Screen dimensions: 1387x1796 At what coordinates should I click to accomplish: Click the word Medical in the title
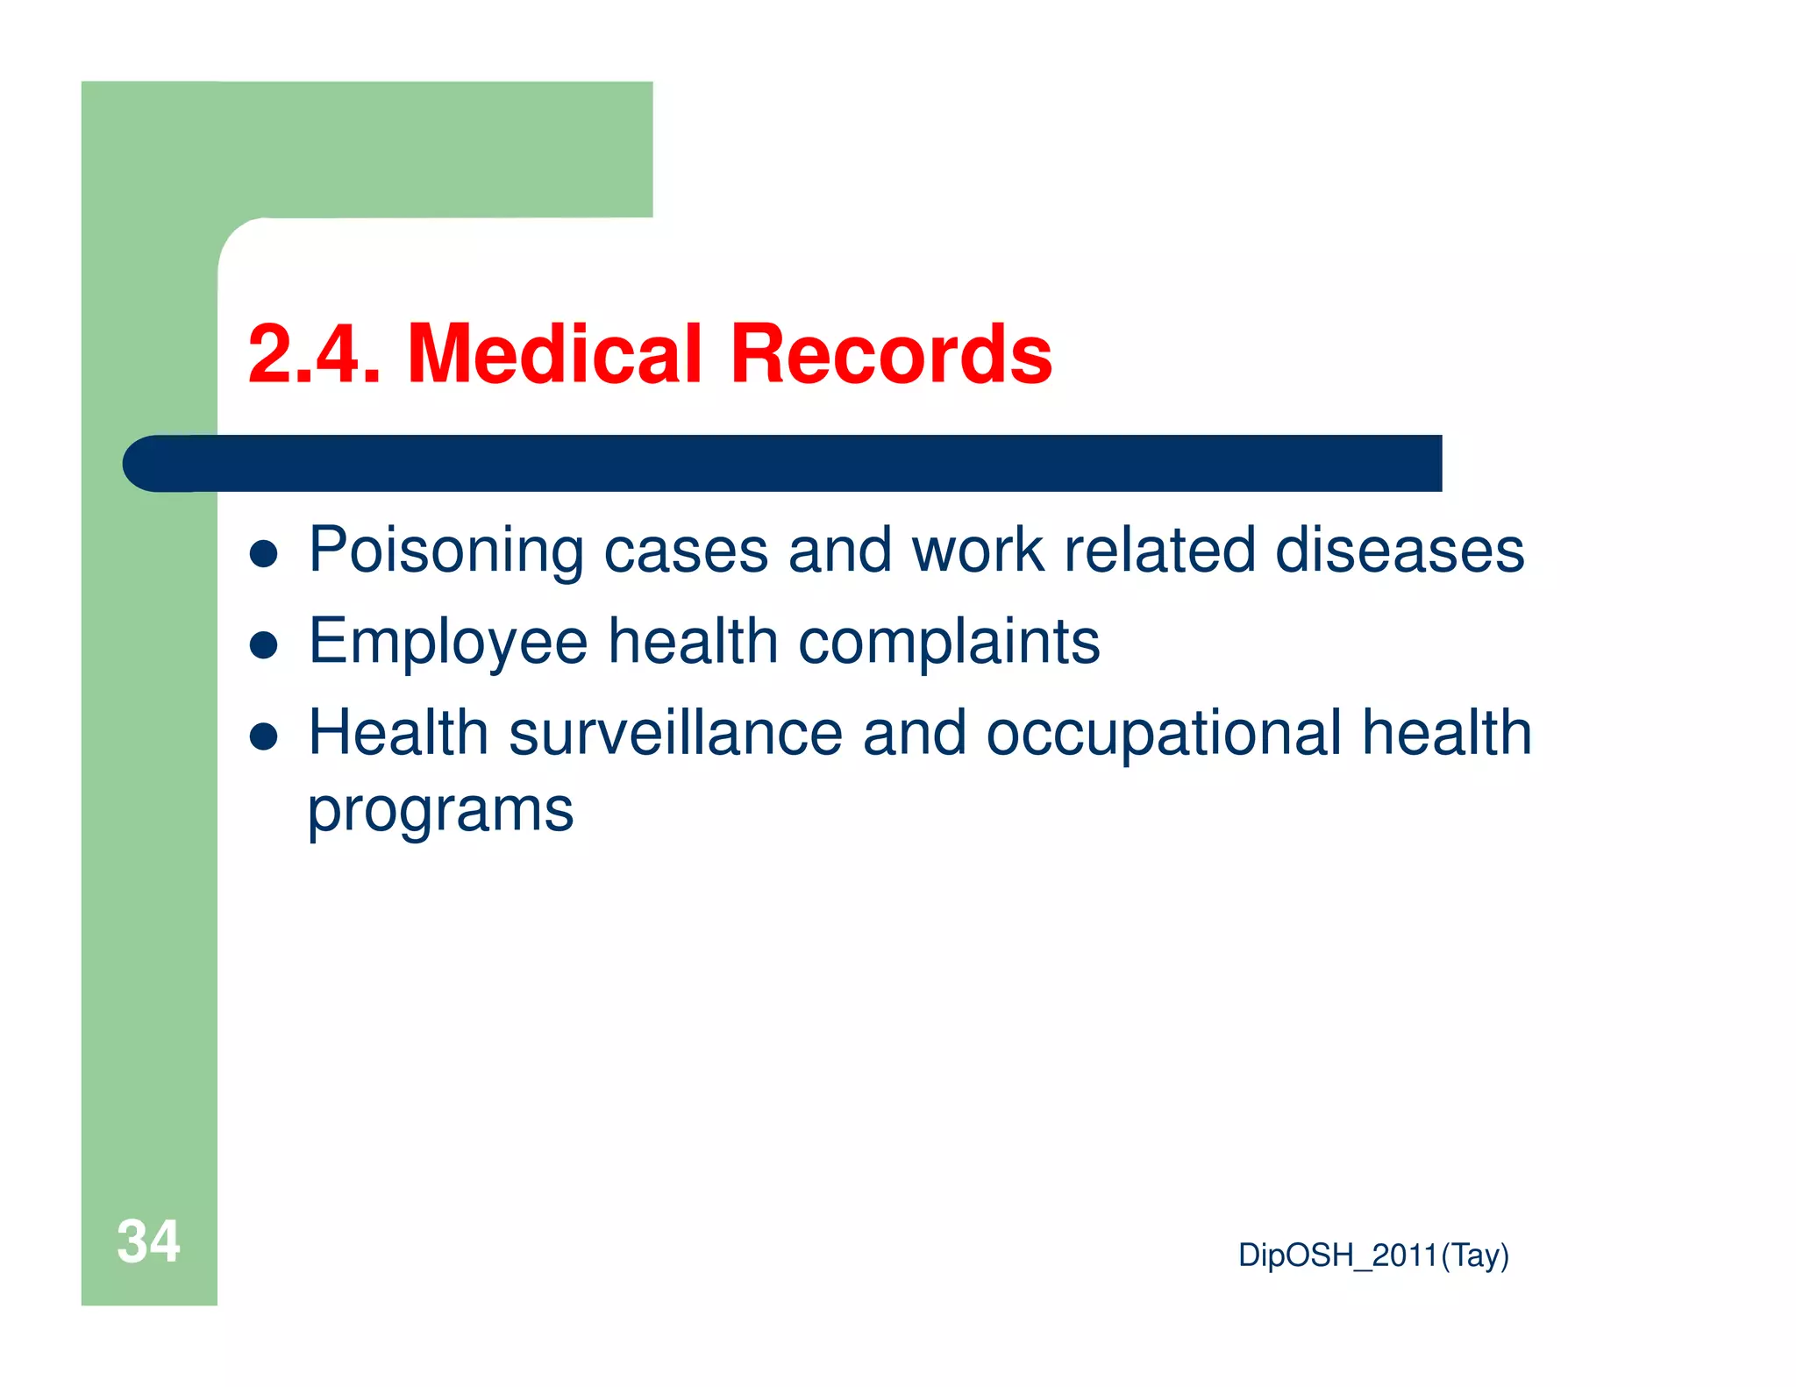pyautogui.click(x=554, y=354)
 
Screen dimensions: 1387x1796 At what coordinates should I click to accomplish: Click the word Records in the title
pyautogui.click(x=890, y=354)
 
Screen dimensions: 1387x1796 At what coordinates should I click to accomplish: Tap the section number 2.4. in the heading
pyautogui.click(x=315, y=354)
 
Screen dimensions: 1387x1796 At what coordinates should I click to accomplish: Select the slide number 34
pyautogui.click(x=148, y=1241)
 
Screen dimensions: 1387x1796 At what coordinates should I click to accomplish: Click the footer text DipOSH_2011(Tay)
pyautogui.click(x=1373, y=1255)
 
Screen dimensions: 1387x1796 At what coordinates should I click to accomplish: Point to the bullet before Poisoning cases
pyautogui.click(x=264, y=554)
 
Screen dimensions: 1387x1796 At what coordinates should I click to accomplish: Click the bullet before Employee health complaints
pyautogui.click(x=264, y=645)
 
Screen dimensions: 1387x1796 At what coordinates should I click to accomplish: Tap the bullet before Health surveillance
pyautogui.click(x=264, y=736)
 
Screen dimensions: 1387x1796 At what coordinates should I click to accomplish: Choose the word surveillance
pyautogui.click(x=675, y=734)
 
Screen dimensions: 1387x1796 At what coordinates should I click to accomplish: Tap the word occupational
pyautogui.click(x=1164, y=734)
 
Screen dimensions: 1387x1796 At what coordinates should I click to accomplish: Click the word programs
pyautogui.click(x=440, y=811)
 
